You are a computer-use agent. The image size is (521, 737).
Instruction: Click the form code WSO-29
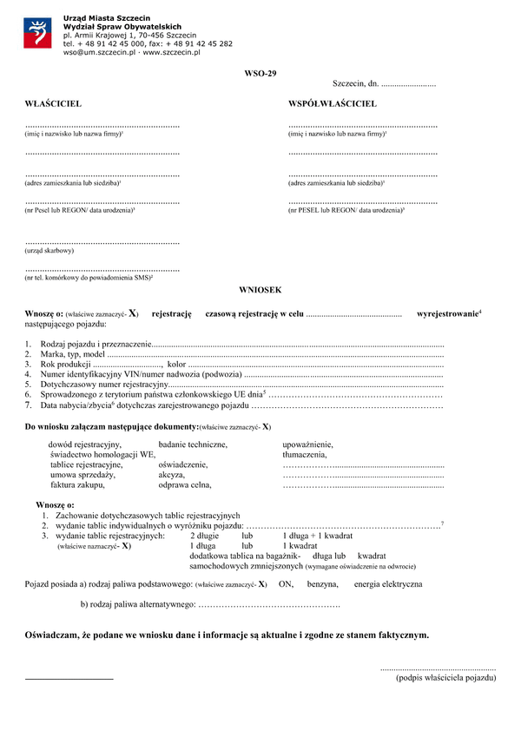tap(260, 73)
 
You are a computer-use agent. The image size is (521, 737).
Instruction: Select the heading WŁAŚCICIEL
tap(53, 104)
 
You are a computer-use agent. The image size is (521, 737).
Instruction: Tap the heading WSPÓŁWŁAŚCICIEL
tap(333, 104)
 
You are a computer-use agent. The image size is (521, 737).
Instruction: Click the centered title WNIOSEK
tap(260, 289)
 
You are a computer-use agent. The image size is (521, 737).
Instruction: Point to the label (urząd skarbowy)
tap(49, 251)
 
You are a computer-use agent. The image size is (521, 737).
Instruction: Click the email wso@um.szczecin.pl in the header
tap(96, 53)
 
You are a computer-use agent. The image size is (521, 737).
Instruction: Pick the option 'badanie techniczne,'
tap(193, 444)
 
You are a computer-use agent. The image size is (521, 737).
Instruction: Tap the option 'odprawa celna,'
tap(184, 485)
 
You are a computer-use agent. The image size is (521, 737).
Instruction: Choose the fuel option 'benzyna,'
tap(322, 584)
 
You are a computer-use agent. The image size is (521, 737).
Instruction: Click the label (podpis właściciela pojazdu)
tap(445, 677)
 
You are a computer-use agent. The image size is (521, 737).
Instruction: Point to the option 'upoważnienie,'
tap(307, 444)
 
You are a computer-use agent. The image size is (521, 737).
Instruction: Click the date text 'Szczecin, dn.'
tap(355, 84)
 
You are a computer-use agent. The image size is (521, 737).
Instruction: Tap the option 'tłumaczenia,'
tap(305, 455)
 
